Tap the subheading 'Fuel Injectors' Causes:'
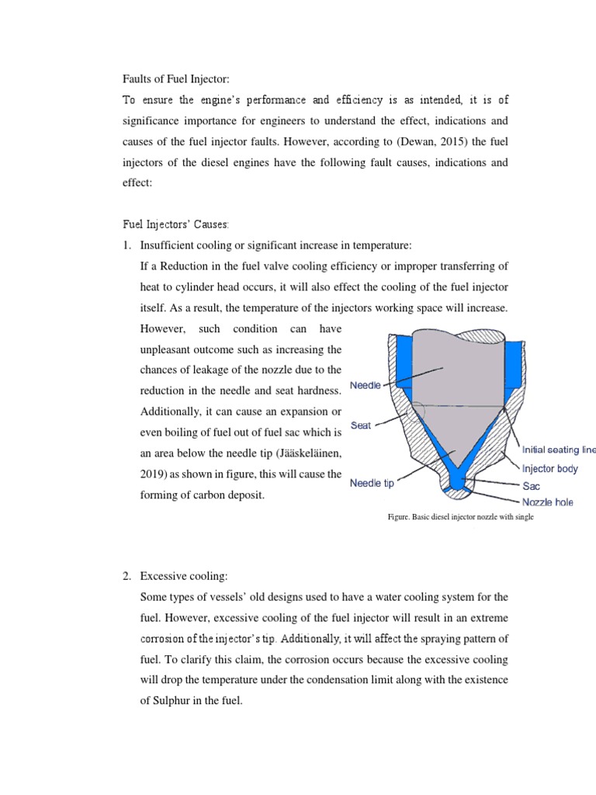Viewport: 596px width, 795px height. click(x=176, y=224)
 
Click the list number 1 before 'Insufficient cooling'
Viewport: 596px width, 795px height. click(x=128, y=246)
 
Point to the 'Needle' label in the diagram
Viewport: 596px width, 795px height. click(x=366, y=386)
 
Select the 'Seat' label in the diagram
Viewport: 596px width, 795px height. click(x=360, y=425)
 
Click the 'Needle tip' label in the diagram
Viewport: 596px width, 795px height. click(x=372, y=483)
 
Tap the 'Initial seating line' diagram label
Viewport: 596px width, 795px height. click(x=558, y=450)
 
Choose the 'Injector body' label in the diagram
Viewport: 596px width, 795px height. click(x=549, y=469)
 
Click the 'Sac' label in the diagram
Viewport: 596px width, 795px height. click(x=531, y=486)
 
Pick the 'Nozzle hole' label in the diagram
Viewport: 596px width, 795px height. click(x=547, y=502)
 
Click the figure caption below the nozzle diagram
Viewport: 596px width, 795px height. click(x=461, y=517)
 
